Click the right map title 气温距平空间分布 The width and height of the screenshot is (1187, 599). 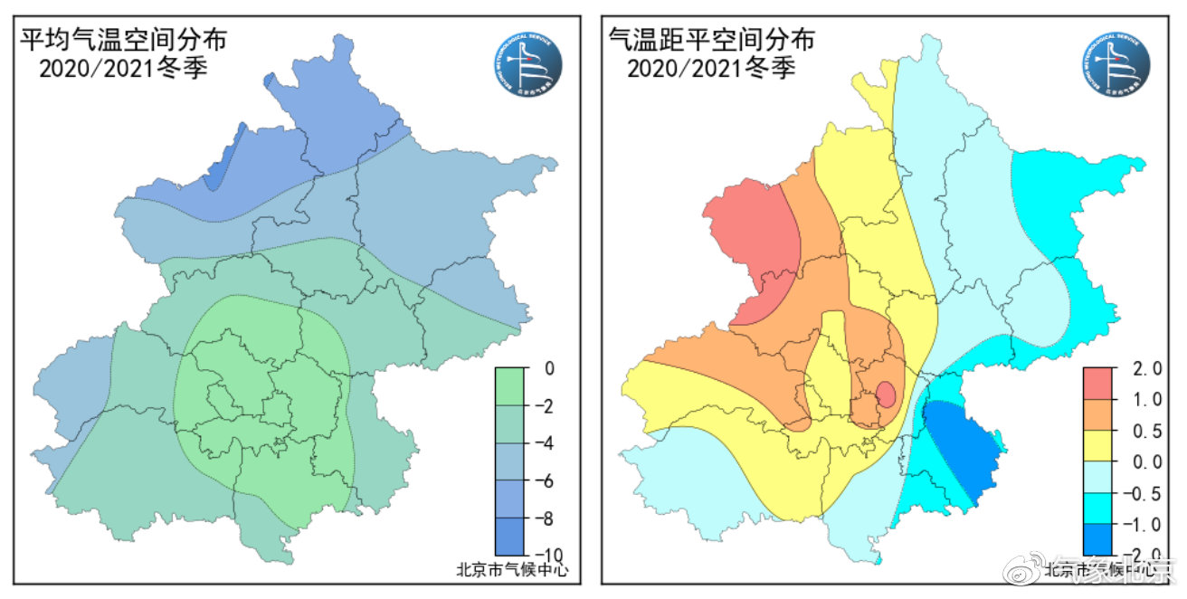711,39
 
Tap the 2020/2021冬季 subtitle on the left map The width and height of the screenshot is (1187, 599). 123,69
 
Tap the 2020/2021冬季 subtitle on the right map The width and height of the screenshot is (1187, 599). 711,68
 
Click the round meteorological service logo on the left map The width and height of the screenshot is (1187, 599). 527,65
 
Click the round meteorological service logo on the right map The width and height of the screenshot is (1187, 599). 1115,65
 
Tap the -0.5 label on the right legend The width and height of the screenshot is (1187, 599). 1137,493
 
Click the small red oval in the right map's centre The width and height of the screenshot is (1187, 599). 887,395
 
